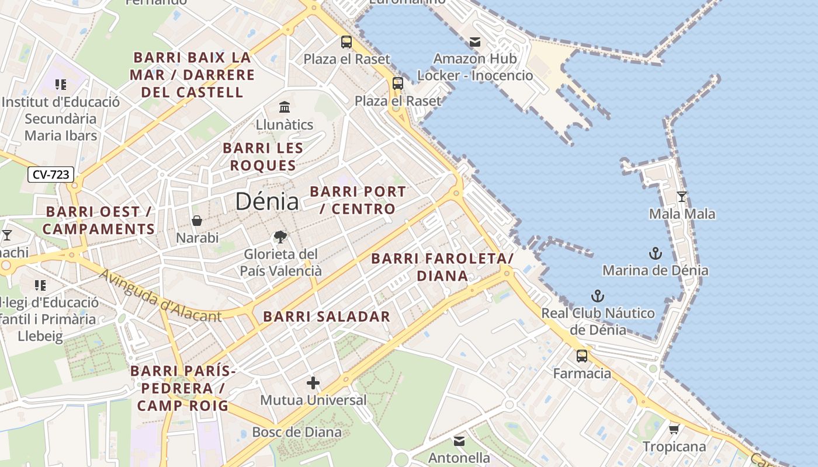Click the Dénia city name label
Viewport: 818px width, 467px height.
267,201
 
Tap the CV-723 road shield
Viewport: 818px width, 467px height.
51,174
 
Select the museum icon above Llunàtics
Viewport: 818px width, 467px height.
285,107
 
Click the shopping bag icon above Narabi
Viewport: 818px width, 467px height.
197,221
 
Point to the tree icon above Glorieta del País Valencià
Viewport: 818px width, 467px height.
280,237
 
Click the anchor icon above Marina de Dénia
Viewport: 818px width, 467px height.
656,253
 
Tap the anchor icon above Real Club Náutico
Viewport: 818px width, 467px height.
597,296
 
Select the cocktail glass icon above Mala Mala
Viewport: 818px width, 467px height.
681,197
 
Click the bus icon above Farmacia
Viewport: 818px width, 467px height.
582,356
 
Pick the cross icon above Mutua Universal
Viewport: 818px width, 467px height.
313,383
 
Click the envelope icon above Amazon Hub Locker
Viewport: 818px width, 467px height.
474,42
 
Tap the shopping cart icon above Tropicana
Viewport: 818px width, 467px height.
674,430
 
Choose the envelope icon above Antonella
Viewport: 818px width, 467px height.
459,441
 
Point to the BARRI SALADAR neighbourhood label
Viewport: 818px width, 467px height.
326,317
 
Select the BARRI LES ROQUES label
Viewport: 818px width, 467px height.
263,156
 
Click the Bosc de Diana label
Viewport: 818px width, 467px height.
296,432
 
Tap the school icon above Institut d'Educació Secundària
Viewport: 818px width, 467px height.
60,85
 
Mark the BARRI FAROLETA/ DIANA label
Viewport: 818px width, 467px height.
442,267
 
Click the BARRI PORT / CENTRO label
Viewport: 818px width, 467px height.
358,200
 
